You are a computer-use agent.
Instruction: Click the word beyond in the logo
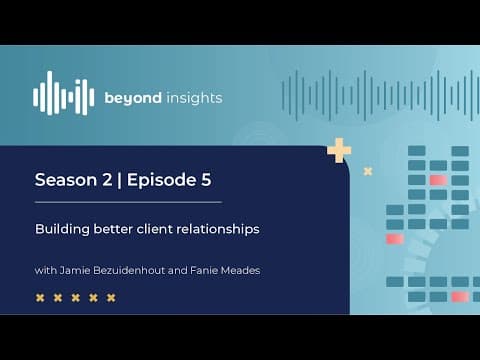133,98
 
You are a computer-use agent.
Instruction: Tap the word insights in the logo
194,98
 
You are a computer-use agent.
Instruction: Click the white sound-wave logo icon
63,93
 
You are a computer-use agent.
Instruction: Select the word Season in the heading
66,180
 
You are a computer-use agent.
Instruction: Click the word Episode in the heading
162,180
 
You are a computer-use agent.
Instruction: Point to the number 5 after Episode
206,180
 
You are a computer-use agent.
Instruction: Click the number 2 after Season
107,180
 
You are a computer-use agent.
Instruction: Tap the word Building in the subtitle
62,230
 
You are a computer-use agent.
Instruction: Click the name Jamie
75,270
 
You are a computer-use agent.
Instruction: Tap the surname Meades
240,270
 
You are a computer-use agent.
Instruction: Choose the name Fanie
203,270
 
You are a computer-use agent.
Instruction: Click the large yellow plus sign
339,150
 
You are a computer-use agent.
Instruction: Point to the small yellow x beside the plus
368,171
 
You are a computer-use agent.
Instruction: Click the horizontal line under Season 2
128,202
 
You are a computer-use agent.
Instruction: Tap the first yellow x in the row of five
40,298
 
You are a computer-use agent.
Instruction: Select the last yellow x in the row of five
111,298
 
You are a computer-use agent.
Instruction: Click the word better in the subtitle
113,229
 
